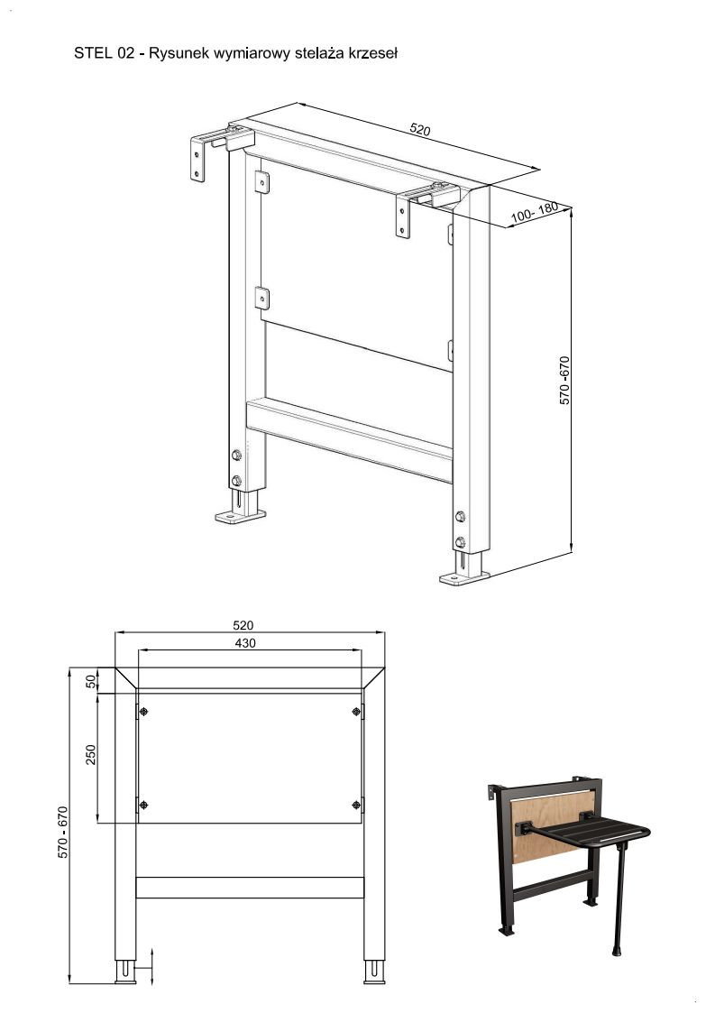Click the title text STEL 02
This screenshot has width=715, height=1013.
104,53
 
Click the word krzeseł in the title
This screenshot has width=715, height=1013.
372,53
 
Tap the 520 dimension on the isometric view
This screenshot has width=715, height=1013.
420,129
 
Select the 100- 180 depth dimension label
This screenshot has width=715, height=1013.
534,212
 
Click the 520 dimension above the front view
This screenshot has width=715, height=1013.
243,625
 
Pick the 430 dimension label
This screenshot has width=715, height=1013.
244,643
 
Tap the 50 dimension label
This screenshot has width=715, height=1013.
91,681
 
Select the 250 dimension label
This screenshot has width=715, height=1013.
91,754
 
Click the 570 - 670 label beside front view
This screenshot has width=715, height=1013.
63,832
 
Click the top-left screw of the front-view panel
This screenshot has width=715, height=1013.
143,712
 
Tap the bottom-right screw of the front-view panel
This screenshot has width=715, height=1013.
356,805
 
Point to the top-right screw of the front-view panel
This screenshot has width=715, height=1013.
356,712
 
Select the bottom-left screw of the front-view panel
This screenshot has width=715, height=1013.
143,805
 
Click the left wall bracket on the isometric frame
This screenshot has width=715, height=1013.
200,158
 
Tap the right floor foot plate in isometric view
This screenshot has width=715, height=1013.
464,577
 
